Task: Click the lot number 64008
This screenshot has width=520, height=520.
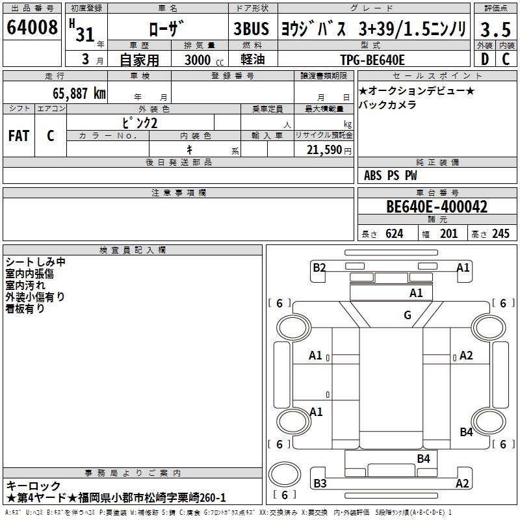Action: coord(32,27)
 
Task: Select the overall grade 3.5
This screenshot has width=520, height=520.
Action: coord(495,30)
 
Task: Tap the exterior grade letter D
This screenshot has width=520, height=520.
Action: coord(485,59)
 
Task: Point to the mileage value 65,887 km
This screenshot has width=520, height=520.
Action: coord(79,94)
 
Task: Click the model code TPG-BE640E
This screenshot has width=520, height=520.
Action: coord(372,60)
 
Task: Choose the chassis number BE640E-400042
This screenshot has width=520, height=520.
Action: coord(437,207)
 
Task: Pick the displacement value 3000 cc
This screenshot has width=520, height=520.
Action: coord(204,60)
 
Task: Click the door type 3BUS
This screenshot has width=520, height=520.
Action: coord(251,29)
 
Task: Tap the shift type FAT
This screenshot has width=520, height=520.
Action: coord(19,136)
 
